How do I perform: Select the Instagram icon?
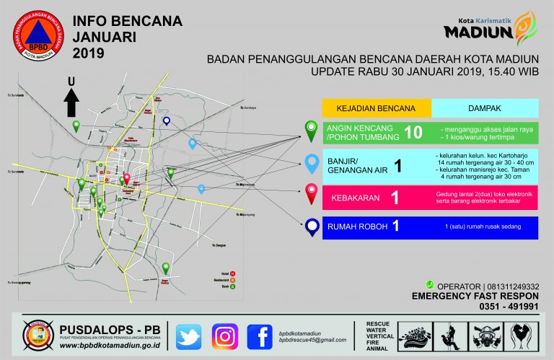point(224,337)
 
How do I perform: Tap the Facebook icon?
point(260,337)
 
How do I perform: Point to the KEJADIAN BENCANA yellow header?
point(376,108)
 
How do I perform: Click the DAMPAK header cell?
point(484,108)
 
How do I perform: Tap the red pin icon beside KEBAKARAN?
point(312,193)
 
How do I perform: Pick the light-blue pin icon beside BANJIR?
point(312,163)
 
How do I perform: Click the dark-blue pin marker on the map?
point(167,122)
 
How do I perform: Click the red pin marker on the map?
point(127,178)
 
